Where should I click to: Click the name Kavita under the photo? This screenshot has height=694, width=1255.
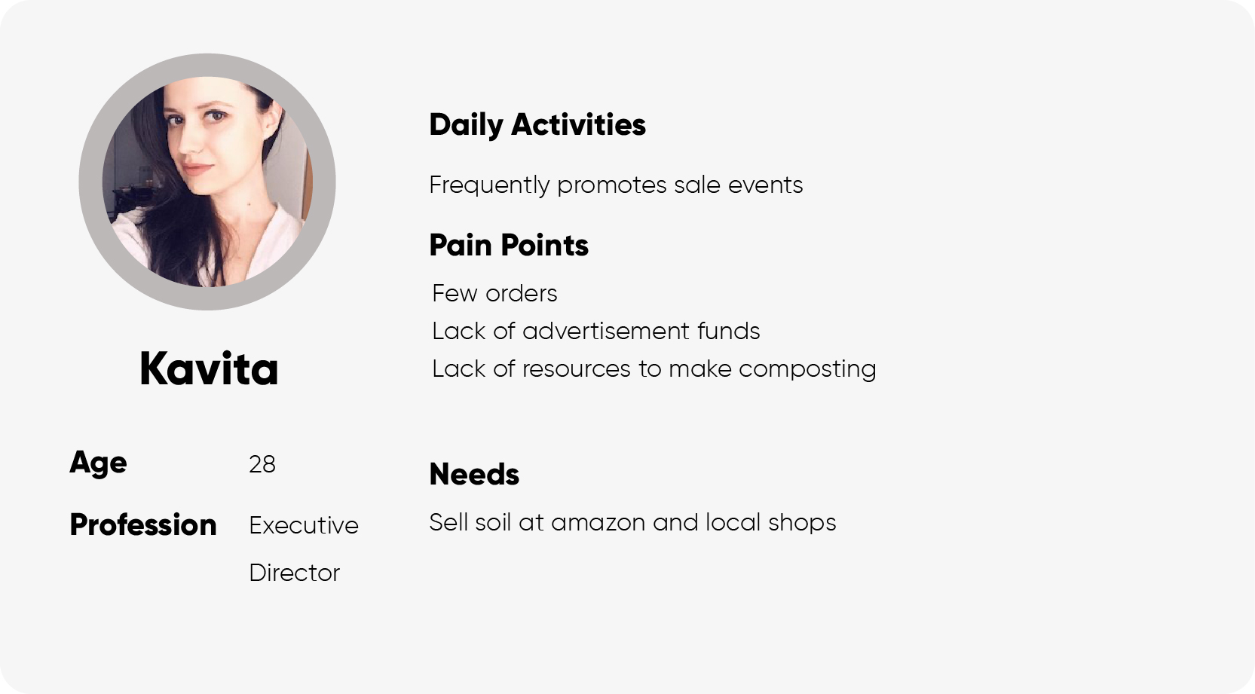[209, 368]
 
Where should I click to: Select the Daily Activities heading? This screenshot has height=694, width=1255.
[537, 125]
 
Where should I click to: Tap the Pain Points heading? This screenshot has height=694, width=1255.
[509, 246]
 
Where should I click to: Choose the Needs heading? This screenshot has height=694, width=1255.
[474, 474]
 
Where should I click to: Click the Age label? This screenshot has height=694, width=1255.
[98, 463]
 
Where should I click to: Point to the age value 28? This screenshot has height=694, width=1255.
[262, 464]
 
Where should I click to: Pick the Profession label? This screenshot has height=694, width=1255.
[143, 525]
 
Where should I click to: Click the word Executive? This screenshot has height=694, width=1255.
[304, 525]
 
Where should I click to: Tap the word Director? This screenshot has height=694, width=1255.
[295, 573]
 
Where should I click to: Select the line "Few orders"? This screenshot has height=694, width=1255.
[494, 294]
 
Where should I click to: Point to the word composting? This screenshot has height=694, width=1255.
[807, 370]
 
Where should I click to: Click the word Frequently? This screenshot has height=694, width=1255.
[489, 185]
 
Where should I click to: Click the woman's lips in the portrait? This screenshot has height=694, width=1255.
[197, 168]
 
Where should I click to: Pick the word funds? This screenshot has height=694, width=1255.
[729, 331]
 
